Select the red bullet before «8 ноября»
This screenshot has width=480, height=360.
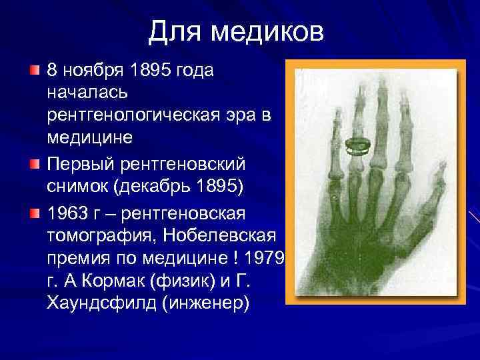35,70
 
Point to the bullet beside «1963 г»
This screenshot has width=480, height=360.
35,213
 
